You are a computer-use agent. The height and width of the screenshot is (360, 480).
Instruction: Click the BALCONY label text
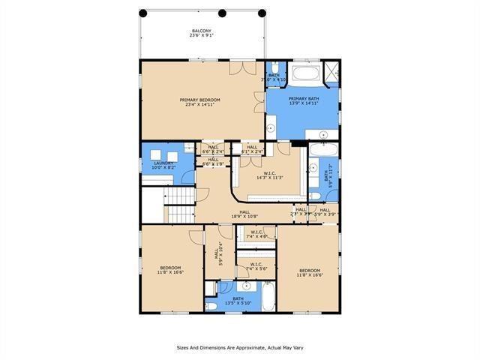201,33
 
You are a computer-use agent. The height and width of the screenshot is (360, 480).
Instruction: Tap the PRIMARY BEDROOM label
199,102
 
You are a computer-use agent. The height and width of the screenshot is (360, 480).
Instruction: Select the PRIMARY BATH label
303,101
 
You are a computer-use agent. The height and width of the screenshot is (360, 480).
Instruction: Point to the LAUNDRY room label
164,164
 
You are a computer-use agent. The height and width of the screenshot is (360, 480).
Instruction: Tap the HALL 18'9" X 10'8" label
244,214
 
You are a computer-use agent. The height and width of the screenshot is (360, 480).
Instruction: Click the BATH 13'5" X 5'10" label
238,301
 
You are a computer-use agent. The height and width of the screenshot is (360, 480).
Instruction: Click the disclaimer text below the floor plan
240,347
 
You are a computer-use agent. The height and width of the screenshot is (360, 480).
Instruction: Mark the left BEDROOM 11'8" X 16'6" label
171,269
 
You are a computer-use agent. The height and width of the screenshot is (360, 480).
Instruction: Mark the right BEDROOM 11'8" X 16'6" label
310,272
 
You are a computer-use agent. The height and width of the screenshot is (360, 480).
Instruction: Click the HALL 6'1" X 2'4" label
251,148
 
